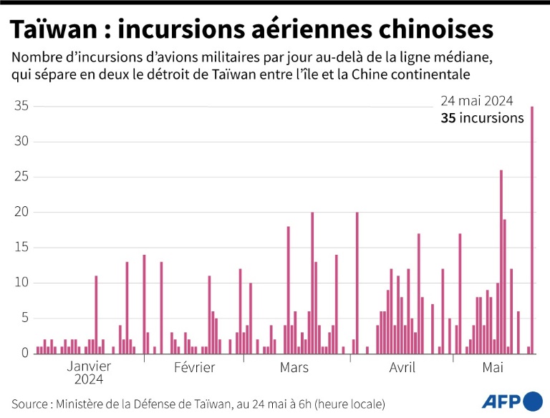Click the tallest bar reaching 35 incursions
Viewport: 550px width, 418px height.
pyautogui.click(x=532, y=229)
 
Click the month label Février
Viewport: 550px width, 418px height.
pyautogui.click(x=194, y=368)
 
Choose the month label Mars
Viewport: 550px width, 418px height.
pyautogui.click(x=294, y=368)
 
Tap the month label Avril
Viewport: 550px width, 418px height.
pyautogui.click(x=402, y=368)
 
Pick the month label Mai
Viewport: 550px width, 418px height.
pyautogui.click(x=493, y=368)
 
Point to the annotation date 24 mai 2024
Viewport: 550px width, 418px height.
pyautogui.click(x=482, y=101)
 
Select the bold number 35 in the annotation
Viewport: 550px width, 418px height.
pyautogui.click(x=448, y=118)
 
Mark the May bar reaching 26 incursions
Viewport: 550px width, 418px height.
pyautogui.click(x=501, y=261)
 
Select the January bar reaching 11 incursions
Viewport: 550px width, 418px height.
pyautogui.click(x=96, y=314)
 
